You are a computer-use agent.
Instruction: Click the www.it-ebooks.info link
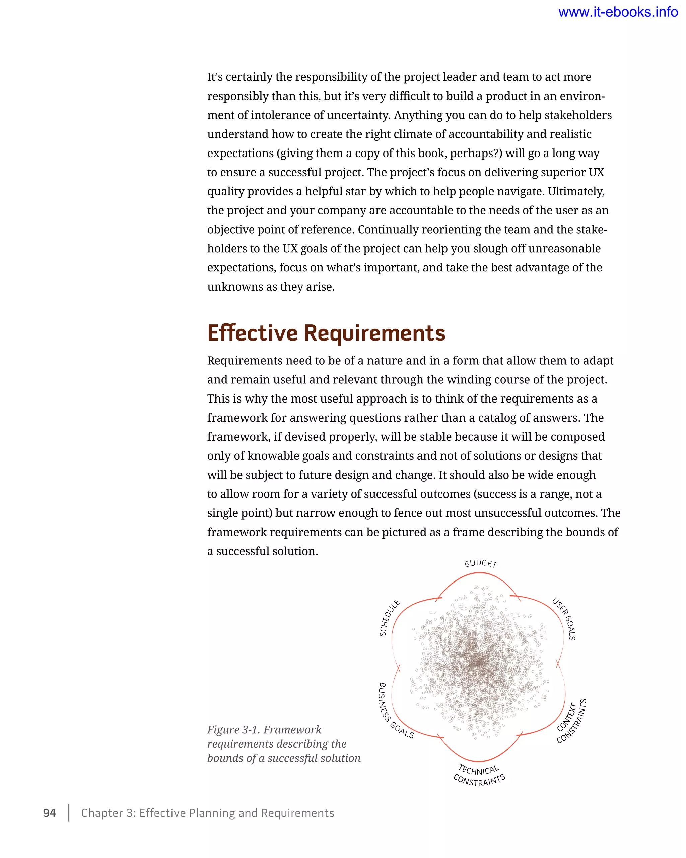point(618,12)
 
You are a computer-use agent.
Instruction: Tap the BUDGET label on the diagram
point(480,563)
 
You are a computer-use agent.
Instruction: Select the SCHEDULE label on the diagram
point(389,618)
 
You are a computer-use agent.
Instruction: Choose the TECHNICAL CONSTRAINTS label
point(479,775)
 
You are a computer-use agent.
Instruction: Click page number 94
point(49,813)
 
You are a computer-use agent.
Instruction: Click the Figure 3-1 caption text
point(283,744)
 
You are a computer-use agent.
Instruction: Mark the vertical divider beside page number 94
point(69,813)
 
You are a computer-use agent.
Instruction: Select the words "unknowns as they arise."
point(271,287)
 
